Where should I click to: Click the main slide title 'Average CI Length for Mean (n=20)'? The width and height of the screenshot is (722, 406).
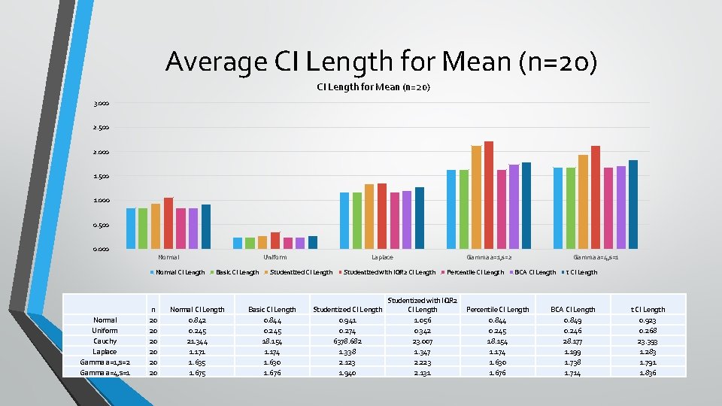(381, 61)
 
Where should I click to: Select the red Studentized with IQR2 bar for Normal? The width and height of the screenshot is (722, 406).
(168, 223)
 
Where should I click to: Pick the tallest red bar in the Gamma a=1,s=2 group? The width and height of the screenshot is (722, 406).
(489, 195)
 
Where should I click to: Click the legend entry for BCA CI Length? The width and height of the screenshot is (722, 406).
(535, 272)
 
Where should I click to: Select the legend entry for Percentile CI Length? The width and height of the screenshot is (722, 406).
(475, 272)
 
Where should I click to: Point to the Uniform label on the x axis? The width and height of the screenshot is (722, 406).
(275, 257)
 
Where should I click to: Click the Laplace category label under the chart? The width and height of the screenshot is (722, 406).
(381, 257)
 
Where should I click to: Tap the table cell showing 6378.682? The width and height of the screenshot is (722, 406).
(347, 341)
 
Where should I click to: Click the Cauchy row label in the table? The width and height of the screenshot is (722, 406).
(105, 341)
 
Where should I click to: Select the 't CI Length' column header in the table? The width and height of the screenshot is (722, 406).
(648, 309)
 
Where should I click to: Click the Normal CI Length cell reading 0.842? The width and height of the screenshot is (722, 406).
(197, 320)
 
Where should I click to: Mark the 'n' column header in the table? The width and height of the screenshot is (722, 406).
(153, 309)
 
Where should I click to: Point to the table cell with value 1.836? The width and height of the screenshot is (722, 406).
(648, 372)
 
